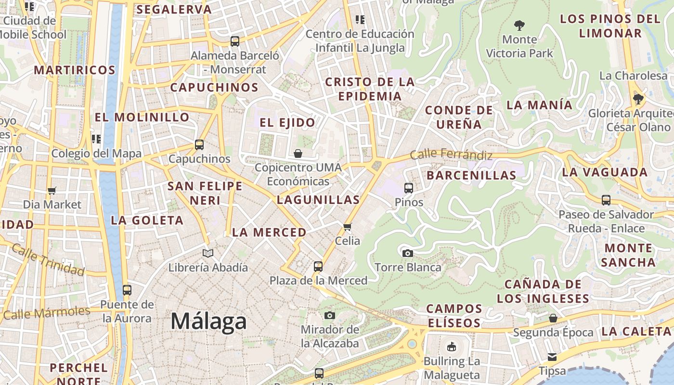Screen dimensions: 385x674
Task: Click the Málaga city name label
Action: [208, 321]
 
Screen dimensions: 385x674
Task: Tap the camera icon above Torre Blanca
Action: [407, 253]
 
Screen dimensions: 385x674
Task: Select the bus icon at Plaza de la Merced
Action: [318, 266]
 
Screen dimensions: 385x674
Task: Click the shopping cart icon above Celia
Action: [348, 226]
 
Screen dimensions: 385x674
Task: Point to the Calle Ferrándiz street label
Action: [451, 155]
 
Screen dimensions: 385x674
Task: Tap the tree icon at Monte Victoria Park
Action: [519, 25]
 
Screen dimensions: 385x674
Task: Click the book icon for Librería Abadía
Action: [207, 253]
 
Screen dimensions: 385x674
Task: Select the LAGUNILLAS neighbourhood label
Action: [318, 200]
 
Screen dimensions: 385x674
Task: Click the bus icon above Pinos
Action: [408, 188]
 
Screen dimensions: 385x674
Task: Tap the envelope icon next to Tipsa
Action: [552, 357]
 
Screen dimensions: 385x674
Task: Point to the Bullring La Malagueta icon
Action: [451, 346]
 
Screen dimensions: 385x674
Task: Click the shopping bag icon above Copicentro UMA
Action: [298, 154]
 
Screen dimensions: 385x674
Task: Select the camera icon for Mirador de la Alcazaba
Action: [329, 315]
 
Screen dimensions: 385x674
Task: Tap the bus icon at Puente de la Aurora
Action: [127, 290]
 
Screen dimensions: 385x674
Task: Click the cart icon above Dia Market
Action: [52, 191]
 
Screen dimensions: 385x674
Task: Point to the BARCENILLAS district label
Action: [471, 175]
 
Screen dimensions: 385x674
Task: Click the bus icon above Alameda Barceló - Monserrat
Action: [234, 41]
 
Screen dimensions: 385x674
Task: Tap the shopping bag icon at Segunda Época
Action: [553, 318]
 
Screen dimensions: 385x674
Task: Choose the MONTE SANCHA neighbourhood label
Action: [628, 255]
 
